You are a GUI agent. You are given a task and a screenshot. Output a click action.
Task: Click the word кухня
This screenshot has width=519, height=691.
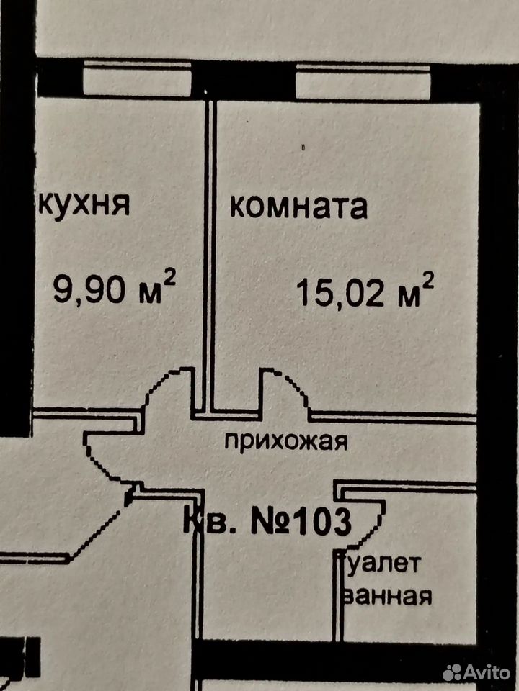[x=84, y=205]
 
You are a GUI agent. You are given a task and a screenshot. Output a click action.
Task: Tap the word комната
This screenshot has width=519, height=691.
[x=298, y=207]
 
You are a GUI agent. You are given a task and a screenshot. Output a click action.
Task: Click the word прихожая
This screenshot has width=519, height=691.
[x=286, y=441]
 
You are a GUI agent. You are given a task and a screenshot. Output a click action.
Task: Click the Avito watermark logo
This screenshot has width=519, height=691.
[x=476, y=672]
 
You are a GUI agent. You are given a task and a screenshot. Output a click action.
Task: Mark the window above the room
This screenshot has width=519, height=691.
[x=363, y=81]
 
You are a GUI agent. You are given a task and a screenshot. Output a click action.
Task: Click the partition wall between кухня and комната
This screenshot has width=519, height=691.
[x=210, y=256]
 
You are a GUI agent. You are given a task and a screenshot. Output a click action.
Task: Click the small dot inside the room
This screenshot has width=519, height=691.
[x=303, y=148]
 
